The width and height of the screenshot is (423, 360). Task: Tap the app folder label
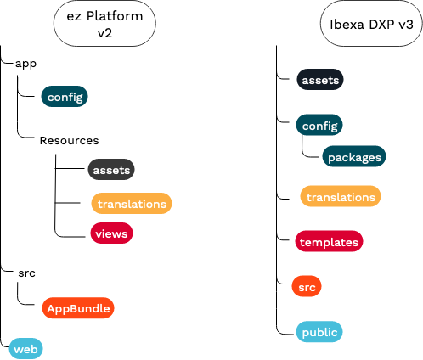[25, 63]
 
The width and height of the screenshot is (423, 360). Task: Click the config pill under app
[65, 97]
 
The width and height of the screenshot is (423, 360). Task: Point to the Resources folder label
[69, 140]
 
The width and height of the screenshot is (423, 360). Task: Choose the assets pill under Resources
[111, 170]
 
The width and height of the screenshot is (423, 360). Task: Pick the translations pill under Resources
[132, 204]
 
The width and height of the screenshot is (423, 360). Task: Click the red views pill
[111, 232]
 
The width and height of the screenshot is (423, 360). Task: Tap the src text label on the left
[25, 273]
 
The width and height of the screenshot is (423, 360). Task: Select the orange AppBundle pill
[77, 307]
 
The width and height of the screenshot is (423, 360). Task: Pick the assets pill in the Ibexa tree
[320, 81]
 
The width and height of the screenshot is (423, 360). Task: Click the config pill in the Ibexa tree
[318, 126]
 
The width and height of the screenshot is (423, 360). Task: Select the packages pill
[354, 157]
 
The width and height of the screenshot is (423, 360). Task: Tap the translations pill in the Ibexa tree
[341, 197]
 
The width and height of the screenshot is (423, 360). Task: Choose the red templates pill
[330, 241]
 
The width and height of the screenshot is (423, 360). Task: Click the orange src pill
[306, 289]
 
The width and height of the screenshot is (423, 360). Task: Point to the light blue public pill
[319, 332]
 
